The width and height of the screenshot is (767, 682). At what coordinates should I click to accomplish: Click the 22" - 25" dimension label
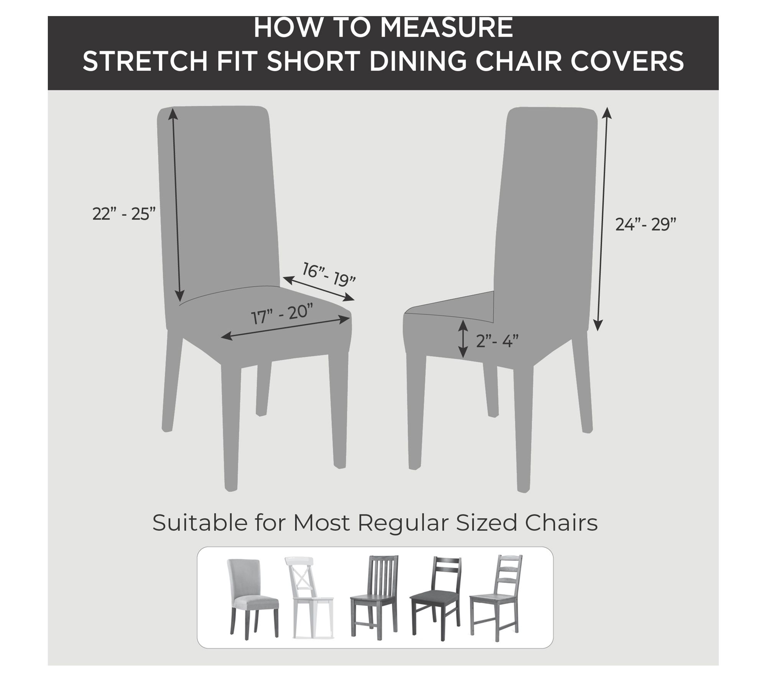point(124,214)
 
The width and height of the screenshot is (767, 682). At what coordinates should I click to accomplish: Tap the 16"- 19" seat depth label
point(329,274)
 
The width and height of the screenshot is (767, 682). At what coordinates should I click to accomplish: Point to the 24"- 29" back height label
point(645,224)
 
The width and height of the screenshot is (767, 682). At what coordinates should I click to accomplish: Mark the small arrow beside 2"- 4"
point(464,339)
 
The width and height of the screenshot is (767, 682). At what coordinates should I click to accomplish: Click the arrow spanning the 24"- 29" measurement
point(602,219)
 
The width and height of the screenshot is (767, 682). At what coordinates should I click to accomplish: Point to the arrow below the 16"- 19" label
point(318,288)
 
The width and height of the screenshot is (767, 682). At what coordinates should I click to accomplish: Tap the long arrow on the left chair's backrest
point(176,205)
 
